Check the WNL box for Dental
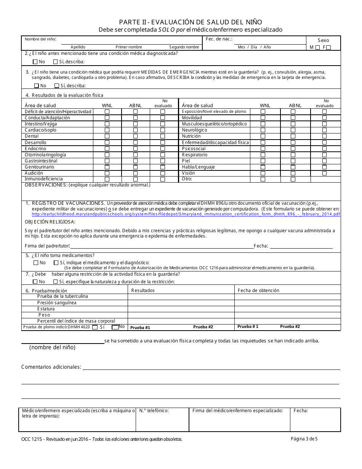[x=107, y=136]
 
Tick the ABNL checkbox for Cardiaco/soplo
[x=135, y=130]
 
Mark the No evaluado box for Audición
[x=163, y=173]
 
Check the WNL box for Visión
[x=263, y=173]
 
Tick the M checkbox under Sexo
[x=318, y=48]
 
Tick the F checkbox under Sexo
[x=328, y=48]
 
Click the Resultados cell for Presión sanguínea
[x=181, y=303]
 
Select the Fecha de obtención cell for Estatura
[x=287, y=309]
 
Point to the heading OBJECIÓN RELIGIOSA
[x=50, y=222]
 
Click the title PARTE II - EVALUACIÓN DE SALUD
[x=190, y=22]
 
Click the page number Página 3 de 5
[x=304, y=438]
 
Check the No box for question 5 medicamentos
[x=36, y=263]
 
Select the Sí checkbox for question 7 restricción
[x=56, y=282]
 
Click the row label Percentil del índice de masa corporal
[x=76, y=321]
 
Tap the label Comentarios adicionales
[x=51, y=367]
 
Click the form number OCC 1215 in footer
[x=31, y=439]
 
